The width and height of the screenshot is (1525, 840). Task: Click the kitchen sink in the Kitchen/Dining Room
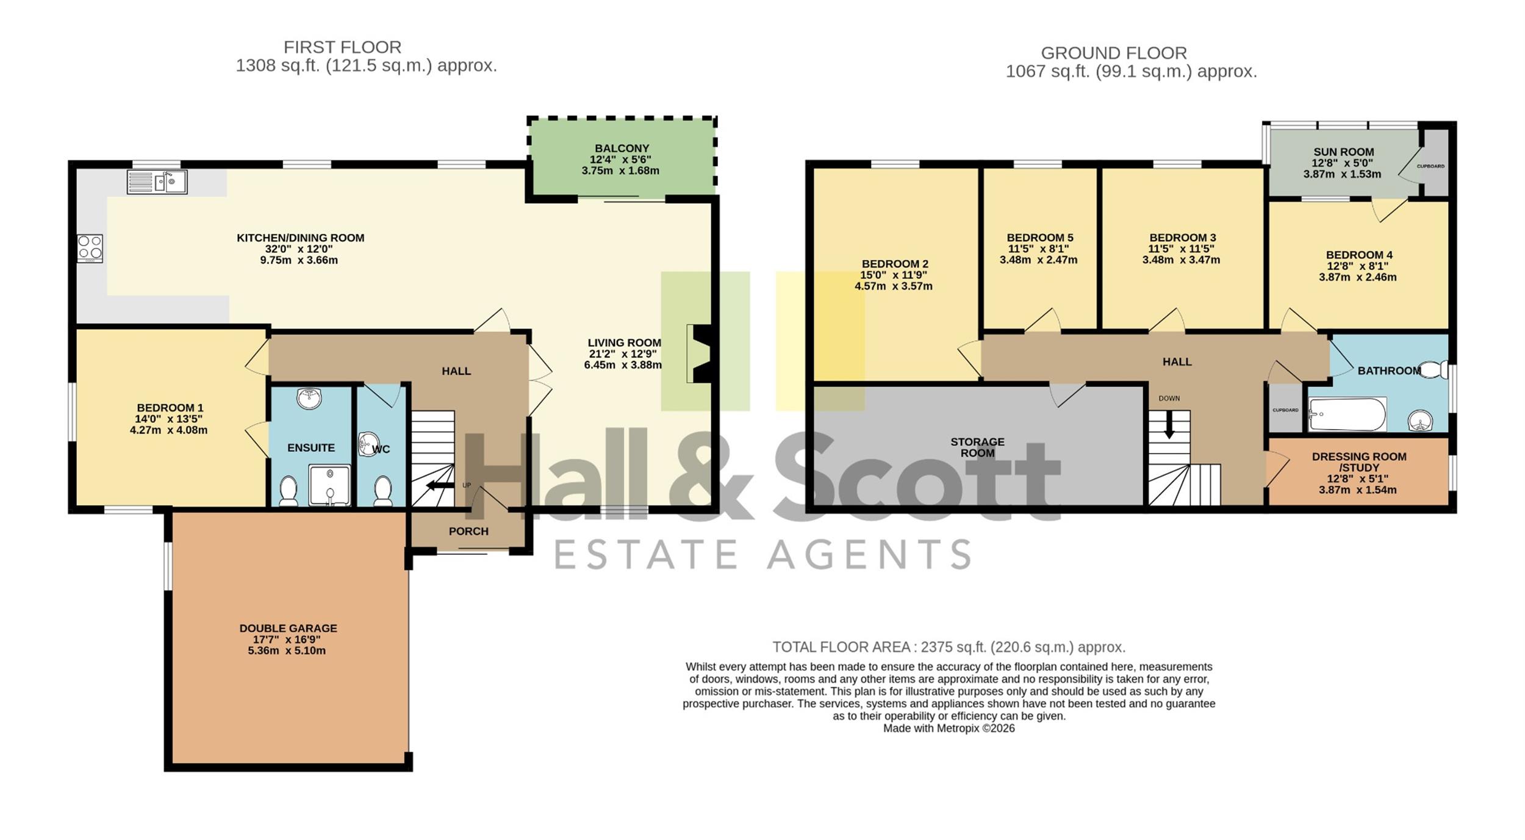point(157,182)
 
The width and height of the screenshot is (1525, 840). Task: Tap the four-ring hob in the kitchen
point(90,248)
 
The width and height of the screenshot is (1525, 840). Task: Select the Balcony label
point(622,148)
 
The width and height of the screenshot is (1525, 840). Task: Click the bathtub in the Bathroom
point(1347,415)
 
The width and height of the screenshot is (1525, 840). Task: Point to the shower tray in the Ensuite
point(330,485)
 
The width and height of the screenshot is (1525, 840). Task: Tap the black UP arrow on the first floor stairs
point(439,485)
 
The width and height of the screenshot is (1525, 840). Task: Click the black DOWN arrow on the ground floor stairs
point(1169,424)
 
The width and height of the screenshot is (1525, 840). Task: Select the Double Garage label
point(288,628)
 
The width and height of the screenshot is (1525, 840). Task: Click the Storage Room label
point(977,447)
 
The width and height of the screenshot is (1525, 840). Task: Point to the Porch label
point(468,531)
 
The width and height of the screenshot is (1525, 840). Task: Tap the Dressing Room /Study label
point(1359,462)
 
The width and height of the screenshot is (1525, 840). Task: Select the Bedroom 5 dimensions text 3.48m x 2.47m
point(1038,260)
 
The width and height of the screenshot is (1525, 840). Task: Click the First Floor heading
point(342,47)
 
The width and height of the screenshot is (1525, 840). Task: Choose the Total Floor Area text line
point(949,647)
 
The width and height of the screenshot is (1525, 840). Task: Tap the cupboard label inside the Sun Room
point(1430,166)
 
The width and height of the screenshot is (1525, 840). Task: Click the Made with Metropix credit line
point(949,728)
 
